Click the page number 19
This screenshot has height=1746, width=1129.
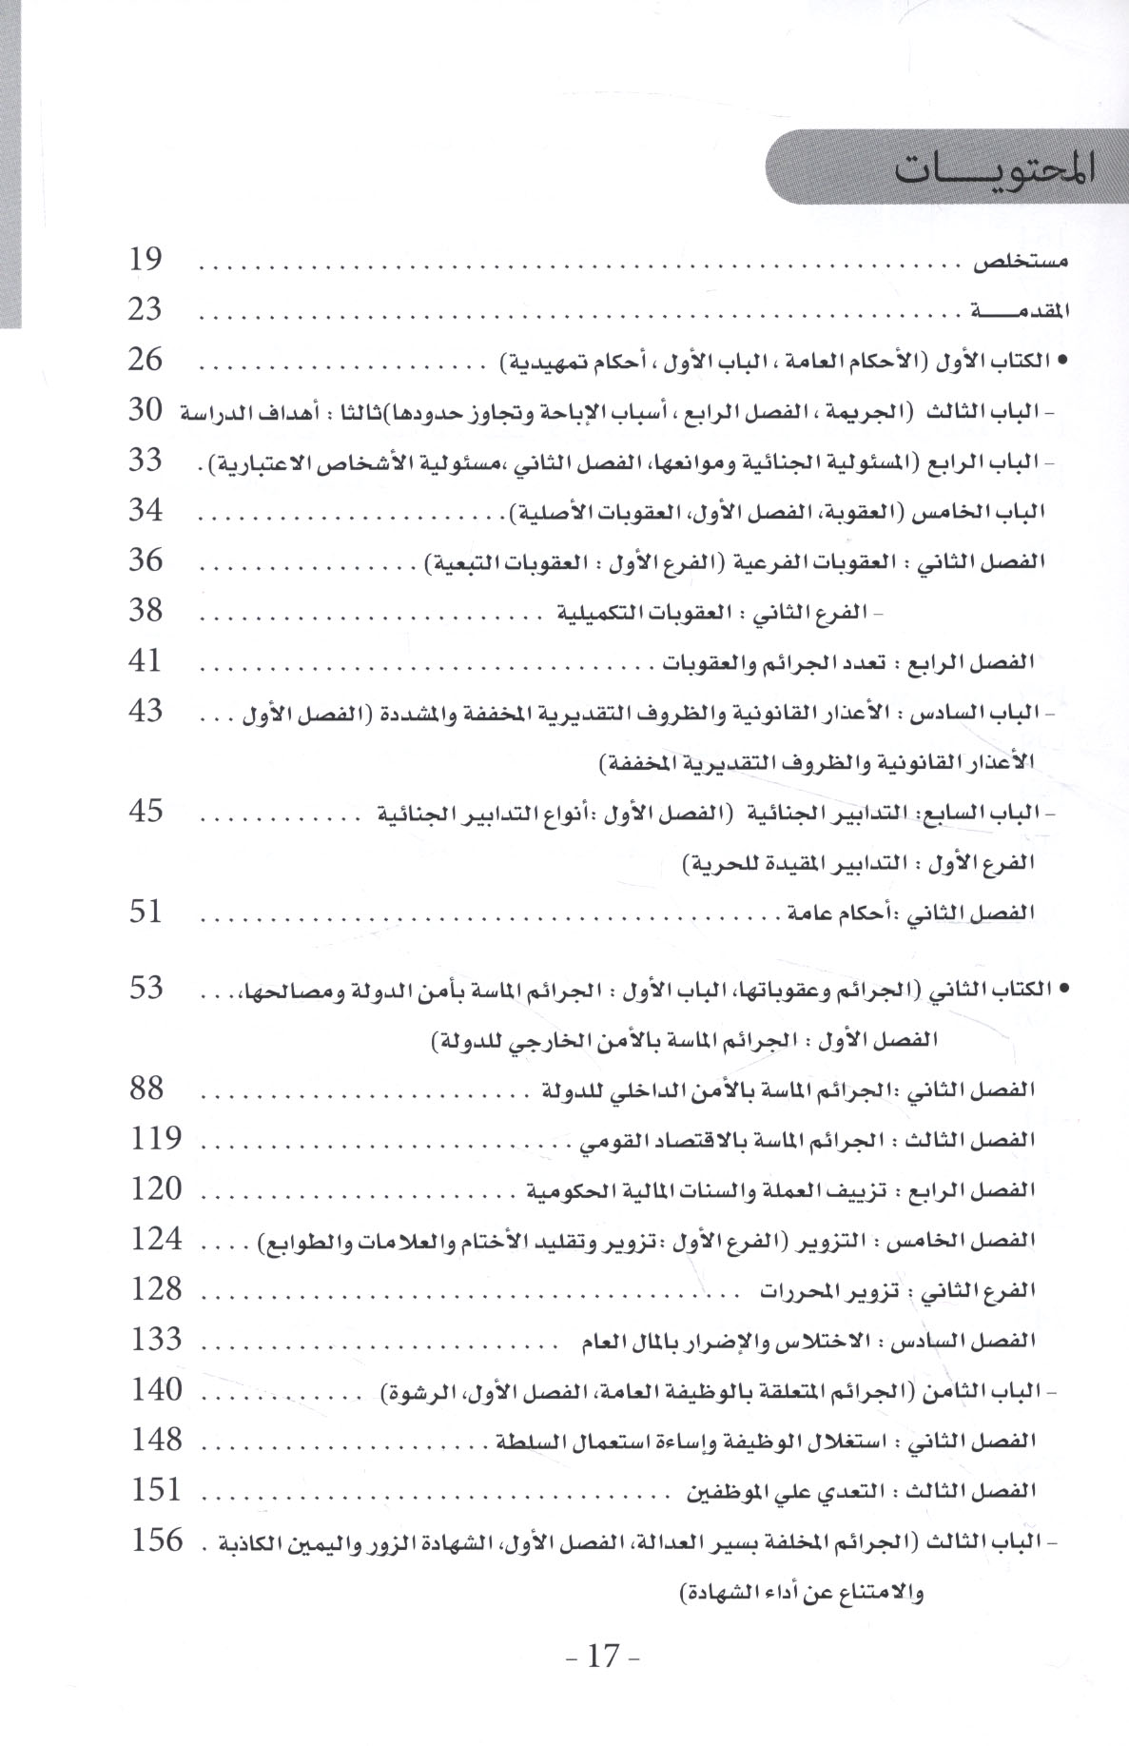point(146,260)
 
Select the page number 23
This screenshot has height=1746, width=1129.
point(146,310)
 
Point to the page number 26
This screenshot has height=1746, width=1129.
point(146,361)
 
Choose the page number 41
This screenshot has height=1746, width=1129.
point(146,660)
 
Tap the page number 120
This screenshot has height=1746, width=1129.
point(154,1188)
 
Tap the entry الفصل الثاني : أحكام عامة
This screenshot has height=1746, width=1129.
point(910,913)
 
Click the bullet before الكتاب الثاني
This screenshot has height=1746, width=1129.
point(1062,991)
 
